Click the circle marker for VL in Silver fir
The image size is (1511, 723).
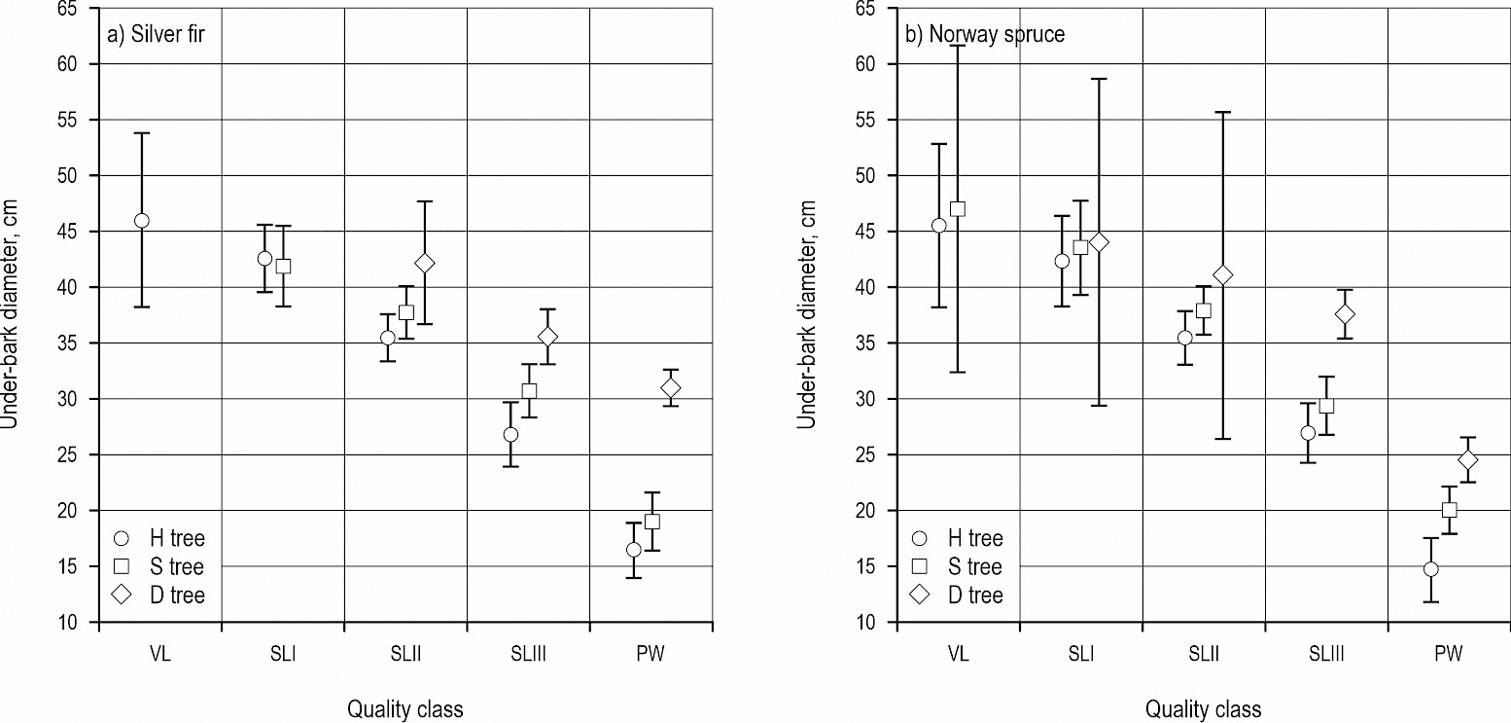(x=142, y=221)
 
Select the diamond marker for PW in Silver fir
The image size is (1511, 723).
(x=670, y=388)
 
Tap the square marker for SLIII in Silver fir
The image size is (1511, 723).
(x=529, y=391)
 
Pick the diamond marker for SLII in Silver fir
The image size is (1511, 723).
(x=425, y=263)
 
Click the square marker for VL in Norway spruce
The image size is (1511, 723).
(x=958, y=209)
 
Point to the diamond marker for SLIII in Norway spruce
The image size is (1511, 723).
(x=1345, y=314)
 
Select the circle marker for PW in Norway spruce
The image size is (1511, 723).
(x=1430, y=569)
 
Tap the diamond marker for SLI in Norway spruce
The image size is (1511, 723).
(x=1100, y=242)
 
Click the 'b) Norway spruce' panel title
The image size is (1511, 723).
(x=985, y=35)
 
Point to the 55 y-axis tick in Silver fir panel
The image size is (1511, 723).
(x=75, y=120)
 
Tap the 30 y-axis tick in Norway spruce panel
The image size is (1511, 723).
(x=872, y=399)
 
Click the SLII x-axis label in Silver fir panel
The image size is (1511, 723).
(x=405, y=654)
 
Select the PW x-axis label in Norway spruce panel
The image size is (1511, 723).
(x=1449, y=654)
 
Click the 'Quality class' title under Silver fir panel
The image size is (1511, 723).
(x=405, y=709)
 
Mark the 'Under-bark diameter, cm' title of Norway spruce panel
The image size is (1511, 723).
(x=806, y=314)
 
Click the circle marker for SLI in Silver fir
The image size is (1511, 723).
(x=264, y=259)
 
